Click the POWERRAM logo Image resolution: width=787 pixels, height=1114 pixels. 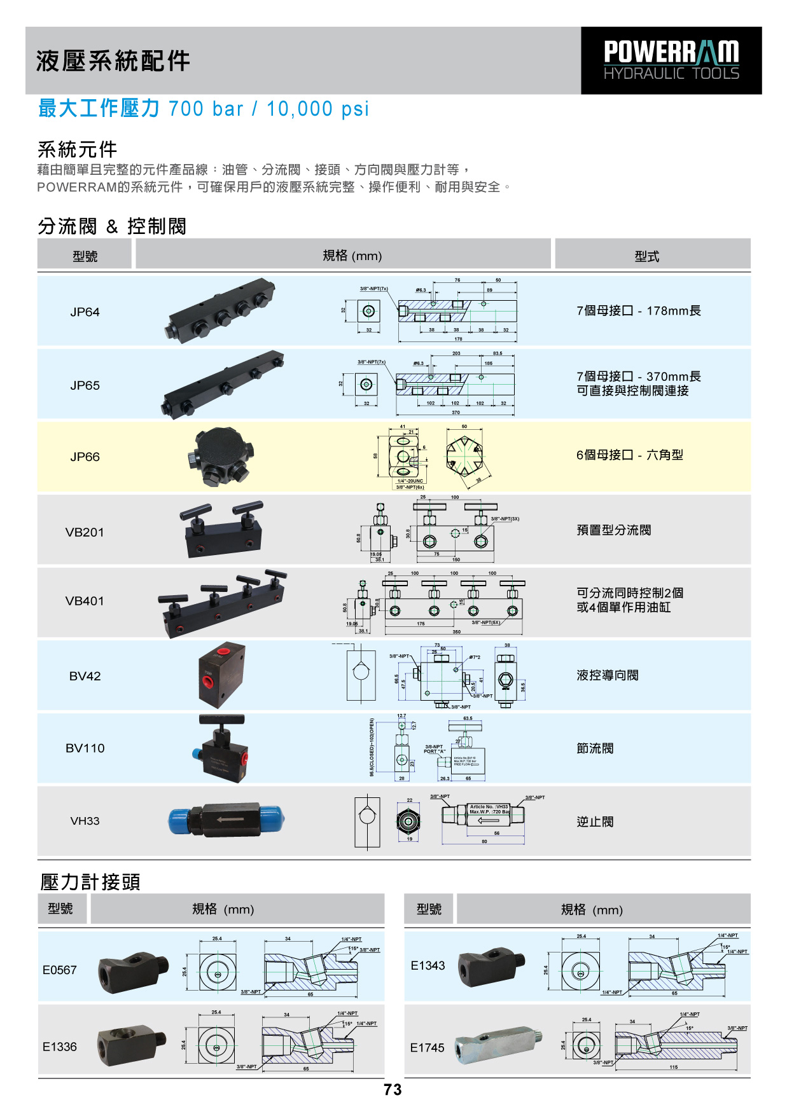671,60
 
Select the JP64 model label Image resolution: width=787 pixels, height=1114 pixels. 85,312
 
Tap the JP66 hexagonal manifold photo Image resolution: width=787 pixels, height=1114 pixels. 221,457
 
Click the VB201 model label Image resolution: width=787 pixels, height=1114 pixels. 85,533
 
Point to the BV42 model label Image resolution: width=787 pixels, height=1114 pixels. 85,677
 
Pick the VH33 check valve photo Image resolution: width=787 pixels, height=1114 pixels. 226,820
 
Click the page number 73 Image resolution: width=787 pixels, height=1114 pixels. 393,1090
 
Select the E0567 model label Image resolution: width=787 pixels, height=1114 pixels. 59,970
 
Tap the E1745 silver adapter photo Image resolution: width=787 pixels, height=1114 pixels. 499,1045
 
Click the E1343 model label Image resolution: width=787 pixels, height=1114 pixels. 428,966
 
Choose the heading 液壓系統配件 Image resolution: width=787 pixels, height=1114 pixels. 113,62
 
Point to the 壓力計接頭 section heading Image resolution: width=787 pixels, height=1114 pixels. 90,882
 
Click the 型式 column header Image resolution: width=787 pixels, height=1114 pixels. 646,256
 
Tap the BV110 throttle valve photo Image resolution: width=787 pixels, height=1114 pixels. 221,748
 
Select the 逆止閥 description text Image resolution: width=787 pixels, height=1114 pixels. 595,822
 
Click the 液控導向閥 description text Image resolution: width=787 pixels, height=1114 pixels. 607,675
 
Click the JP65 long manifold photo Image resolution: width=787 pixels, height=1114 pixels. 223,384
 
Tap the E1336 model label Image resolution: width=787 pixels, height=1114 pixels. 59,1047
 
